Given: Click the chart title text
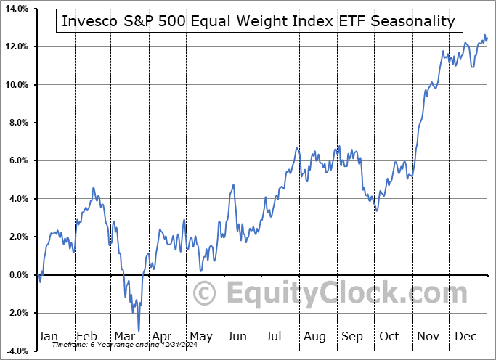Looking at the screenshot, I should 259,21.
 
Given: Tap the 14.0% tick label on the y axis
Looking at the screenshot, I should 15,9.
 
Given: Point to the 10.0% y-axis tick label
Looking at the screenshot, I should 15,85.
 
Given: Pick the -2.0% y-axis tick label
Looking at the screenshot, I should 16,313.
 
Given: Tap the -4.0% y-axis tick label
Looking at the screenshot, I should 16,351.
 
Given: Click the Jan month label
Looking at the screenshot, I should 48,336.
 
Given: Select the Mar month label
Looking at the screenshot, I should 124,336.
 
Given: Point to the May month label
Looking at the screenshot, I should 200,336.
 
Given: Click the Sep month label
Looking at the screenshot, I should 352,336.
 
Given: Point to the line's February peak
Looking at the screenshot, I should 94,187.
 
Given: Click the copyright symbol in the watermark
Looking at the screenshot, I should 206,294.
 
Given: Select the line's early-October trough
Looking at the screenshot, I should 376,211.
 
